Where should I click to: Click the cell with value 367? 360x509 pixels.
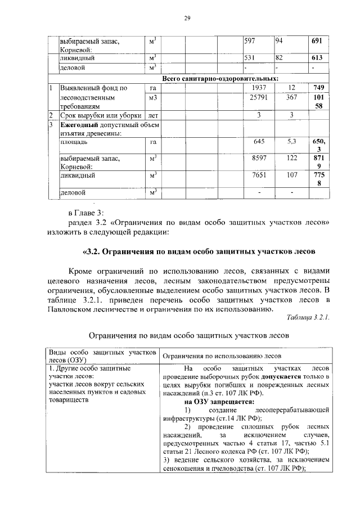[x=291, y=97]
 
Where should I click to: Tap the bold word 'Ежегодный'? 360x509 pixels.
[x=79, y=124]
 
